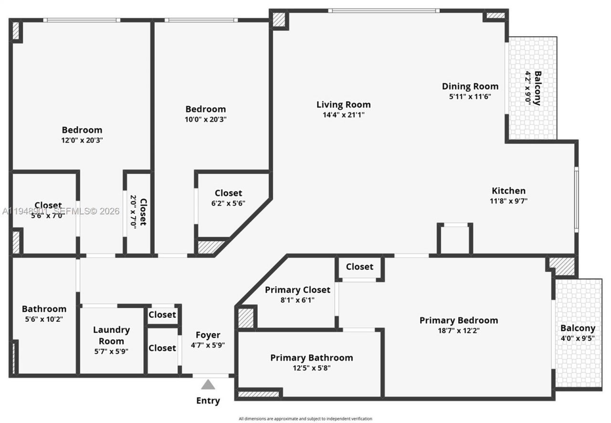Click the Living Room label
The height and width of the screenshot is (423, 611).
[343, 105]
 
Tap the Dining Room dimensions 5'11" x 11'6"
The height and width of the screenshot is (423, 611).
[470, 96]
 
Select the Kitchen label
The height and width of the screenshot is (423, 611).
[508, 190]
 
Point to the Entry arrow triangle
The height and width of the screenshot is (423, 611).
[208, 384]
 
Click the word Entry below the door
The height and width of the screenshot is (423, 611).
[208, 401]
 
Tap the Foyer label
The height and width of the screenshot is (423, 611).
[208, 335]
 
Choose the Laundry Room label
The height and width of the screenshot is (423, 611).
[111, 335]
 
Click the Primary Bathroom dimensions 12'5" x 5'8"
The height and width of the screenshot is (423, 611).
[311, 368]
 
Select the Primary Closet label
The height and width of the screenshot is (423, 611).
[297, 290]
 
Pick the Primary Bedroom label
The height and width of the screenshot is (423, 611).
[458, 320]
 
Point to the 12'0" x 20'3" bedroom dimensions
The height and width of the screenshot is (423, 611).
[82, 140]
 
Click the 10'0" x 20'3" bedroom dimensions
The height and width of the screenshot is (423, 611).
[205, 119]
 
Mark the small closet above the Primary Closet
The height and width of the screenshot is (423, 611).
[359, 267]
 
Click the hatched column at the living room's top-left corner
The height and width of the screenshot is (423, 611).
[278, 20]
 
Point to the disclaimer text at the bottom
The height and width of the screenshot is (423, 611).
[305, 419]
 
